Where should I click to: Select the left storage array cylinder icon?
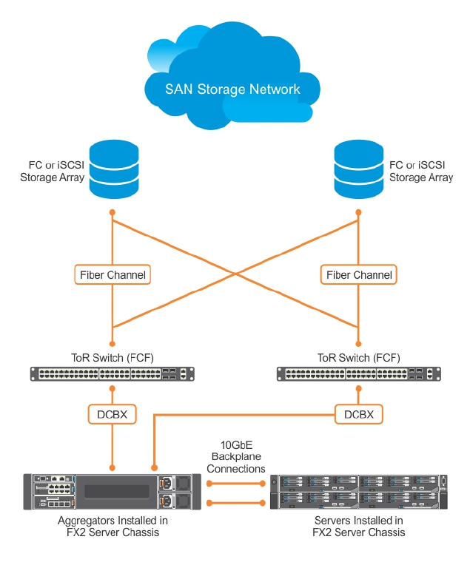(x=113, y=170)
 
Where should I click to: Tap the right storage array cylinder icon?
(x=358, y=170)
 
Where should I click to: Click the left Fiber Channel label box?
(x=113, y=275)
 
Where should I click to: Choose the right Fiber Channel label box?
(x=359, y=275)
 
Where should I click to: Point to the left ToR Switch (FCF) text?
(x=113, y=358)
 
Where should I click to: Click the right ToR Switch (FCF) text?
(x=359, y=358)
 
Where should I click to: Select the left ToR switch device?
(x=113, y=374)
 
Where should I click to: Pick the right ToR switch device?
(x=359, y=374)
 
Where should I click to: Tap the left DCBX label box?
(x=113, y=415)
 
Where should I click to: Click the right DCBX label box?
(x=359, y=415)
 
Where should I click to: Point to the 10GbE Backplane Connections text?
(x=235, y=457)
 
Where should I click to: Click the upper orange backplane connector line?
(x=236, y=483)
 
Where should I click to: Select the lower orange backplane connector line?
(x=236, y=503)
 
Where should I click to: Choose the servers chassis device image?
(x=360, y=493)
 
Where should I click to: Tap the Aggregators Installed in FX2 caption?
(x=113, y=527)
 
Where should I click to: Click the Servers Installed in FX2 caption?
(x=359, y=527)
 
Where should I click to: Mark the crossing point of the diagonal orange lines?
(x=236, y=274)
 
